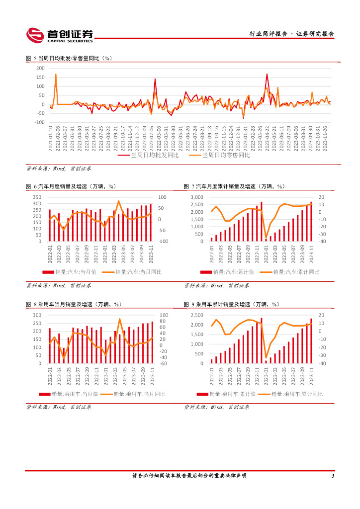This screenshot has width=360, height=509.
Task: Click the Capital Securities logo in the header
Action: [x=59, y=34]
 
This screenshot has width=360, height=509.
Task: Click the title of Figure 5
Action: [x=69, y=58]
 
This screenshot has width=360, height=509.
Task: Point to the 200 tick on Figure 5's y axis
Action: [x=41, y=68]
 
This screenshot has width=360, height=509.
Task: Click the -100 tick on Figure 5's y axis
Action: [x=40, y=122]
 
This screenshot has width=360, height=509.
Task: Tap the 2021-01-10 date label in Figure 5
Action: [x=51, y=137]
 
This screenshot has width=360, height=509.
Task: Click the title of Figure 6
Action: [x=70, y=186]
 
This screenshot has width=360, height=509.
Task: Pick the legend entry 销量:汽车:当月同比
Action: [x=138, y=272]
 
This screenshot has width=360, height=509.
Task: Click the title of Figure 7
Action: [x=234, y=186]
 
